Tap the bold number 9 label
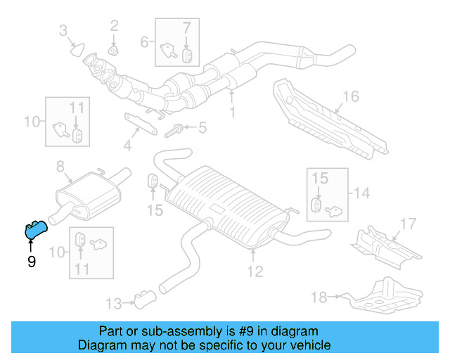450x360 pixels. point(31,262)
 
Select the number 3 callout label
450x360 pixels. point(63,30)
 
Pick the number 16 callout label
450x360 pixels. point(350,96)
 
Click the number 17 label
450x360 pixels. point(408,225)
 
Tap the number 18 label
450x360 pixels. point(319,298)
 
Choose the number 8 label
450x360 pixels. point(60,167)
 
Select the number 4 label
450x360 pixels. point(127,146)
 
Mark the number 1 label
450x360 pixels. point(232,111)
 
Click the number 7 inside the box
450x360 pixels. point(186,29)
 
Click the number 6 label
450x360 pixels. point(145,41)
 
